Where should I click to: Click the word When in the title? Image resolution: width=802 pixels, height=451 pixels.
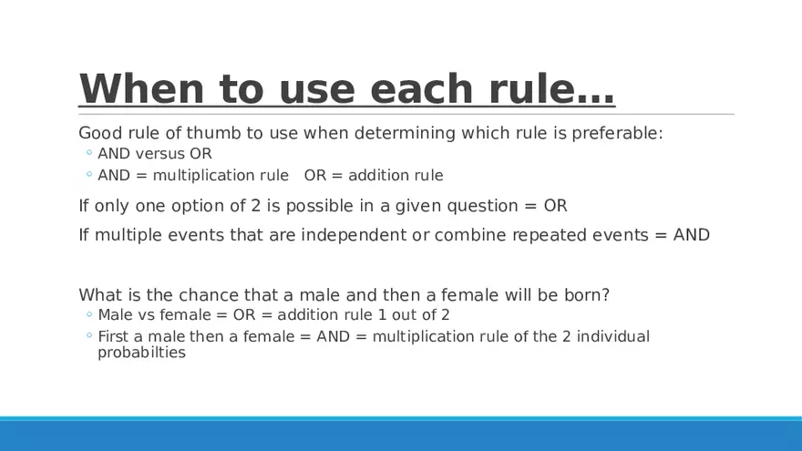(141, 88)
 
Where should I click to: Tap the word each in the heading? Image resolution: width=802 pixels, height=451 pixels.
(422, 88)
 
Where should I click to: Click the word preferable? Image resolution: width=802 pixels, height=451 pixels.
(617, 133)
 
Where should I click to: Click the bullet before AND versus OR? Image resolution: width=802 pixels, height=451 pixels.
(89, 152)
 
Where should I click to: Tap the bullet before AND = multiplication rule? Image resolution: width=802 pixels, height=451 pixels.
(89, 174)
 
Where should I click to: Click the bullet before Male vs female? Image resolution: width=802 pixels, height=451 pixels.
(89, 314)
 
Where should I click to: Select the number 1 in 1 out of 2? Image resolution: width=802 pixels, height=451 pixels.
(382, 315)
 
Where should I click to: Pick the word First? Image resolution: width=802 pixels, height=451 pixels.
(113, 336)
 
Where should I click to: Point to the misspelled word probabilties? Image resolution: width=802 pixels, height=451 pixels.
(141, 353)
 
